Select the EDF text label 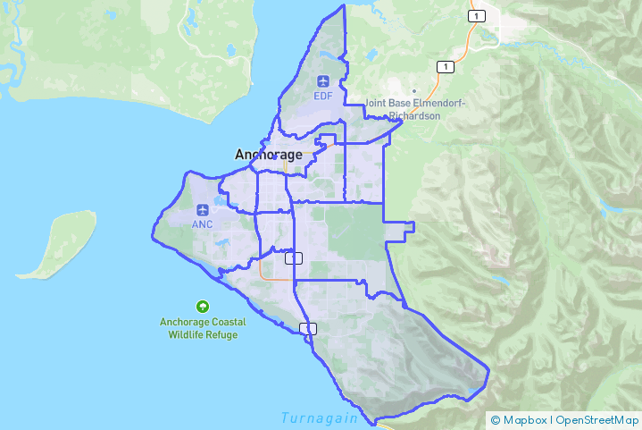(x=321, y=96)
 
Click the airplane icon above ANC (x=202, y=211)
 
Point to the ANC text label (x=202, y=224)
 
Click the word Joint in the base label (x=378, y=103)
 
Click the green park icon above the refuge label (x=203, y=306)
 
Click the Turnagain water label (x=319, y=417)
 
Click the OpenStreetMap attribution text (x=597, y=419)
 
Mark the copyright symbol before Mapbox (x=496, y=419)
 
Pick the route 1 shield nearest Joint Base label (x=444, y=67)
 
